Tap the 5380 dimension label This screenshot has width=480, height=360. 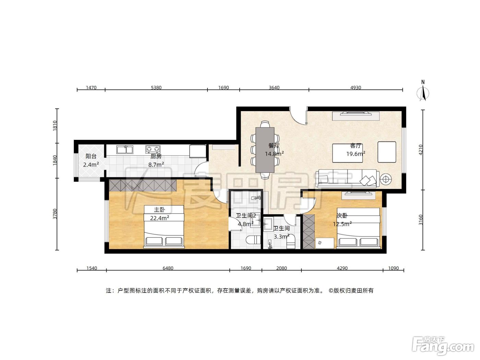pos(156,88)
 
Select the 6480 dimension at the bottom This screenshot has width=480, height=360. pos(168,268)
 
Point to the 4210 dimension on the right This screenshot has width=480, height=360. pos(421,150)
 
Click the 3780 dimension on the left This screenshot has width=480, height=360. pos(55,214)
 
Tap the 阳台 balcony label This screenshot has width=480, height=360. pos(91,156)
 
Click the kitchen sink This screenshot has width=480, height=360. pos(125,150)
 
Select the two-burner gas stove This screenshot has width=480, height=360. pos(153,149)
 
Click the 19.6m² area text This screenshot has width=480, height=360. pos(356,154)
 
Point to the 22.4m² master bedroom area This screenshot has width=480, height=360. pos(159,218)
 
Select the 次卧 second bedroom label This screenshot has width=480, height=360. pos(342,216)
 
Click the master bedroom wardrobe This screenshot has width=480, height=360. pos(143,185)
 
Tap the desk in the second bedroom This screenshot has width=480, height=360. pos(325,243)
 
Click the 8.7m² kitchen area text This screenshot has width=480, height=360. pos(156,165)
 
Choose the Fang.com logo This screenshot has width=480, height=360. pos(443,345)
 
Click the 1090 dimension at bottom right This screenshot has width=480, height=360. pos(393,268)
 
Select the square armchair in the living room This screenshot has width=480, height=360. pos(387,152)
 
